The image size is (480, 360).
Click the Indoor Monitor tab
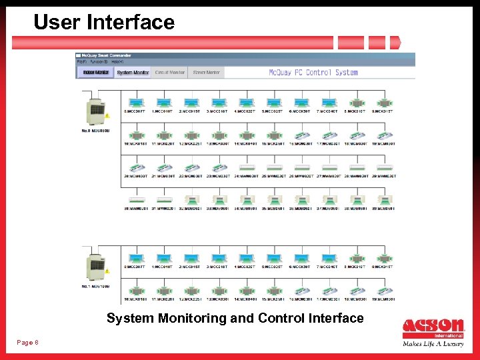pos(93,73)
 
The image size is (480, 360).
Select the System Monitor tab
pos(133,73)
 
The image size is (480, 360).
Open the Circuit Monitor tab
pos(169,73)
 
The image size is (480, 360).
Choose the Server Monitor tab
pos(206,73)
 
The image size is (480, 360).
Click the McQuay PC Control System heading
pos(313,73)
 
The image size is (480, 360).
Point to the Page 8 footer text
pos(27,343)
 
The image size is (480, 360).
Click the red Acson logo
pos(433,327)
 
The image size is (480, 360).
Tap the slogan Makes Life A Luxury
pos(433,344)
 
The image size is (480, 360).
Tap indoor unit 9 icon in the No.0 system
pos(385,103)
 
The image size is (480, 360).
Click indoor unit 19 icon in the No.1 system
pos(385,291)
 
